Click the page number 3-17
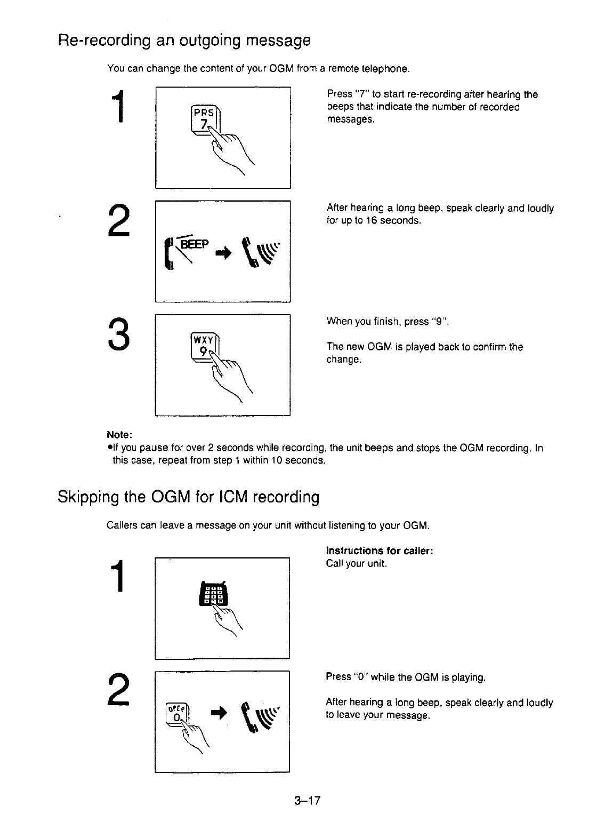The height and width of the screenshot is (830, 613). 306,800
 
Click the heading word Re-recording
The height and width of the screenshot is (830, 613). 101,40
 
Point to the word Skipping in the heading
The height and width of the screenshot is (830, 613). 88,497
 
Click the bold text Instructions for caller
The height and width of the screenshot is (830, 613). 379,550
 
